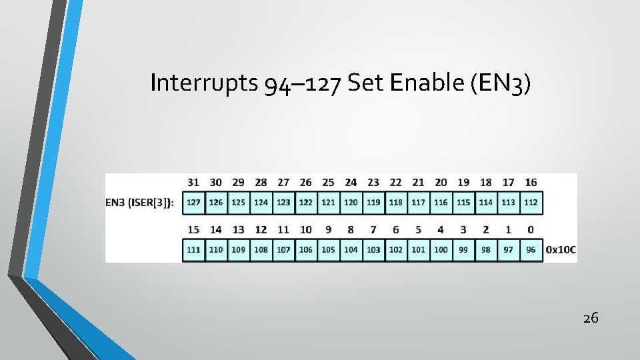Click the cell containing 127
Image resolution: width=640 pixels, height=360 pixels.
[193, 203]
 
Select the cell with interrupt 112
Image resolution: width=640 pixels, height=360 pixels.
[531, 203]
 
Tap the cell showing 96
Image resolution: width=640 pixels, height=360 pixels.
[531, 250]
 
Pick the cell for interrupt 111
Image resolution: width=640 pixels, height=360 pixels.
[193, 250]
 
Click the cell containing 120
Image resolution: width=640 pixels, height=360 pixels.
[351, 203]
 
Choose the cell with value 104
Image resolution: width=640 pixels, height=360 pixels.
[351, 250]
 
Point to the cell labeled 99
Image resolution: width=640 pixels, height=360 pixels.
[463, 250]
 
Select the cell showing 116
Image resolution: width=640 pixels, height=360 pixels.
[441, 203]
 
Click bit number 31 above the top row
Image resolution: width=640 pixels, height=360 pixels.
[193, 182]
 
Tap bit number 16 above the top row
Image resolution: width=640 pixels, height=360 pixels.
[531, 182]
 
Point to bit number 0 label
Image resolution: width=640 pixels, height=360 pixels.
[531, 230]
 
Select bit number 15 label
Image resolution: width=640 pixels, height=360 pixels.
[193, 230]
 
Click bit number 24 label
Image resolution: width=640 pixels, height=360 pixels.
[351, 182]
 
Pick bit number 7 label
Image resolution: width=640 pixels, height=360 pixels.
[373, 230]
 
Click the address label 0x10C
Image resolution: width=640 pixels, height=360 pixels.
[561, 251]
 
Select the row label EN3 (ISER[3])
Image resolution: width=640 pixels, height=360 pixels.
[140, 203]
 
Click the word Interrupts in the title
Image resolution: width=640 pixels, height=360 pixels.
[205, 83]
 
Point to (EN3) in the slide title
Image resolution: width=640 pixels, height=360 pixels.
[501, 83]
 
